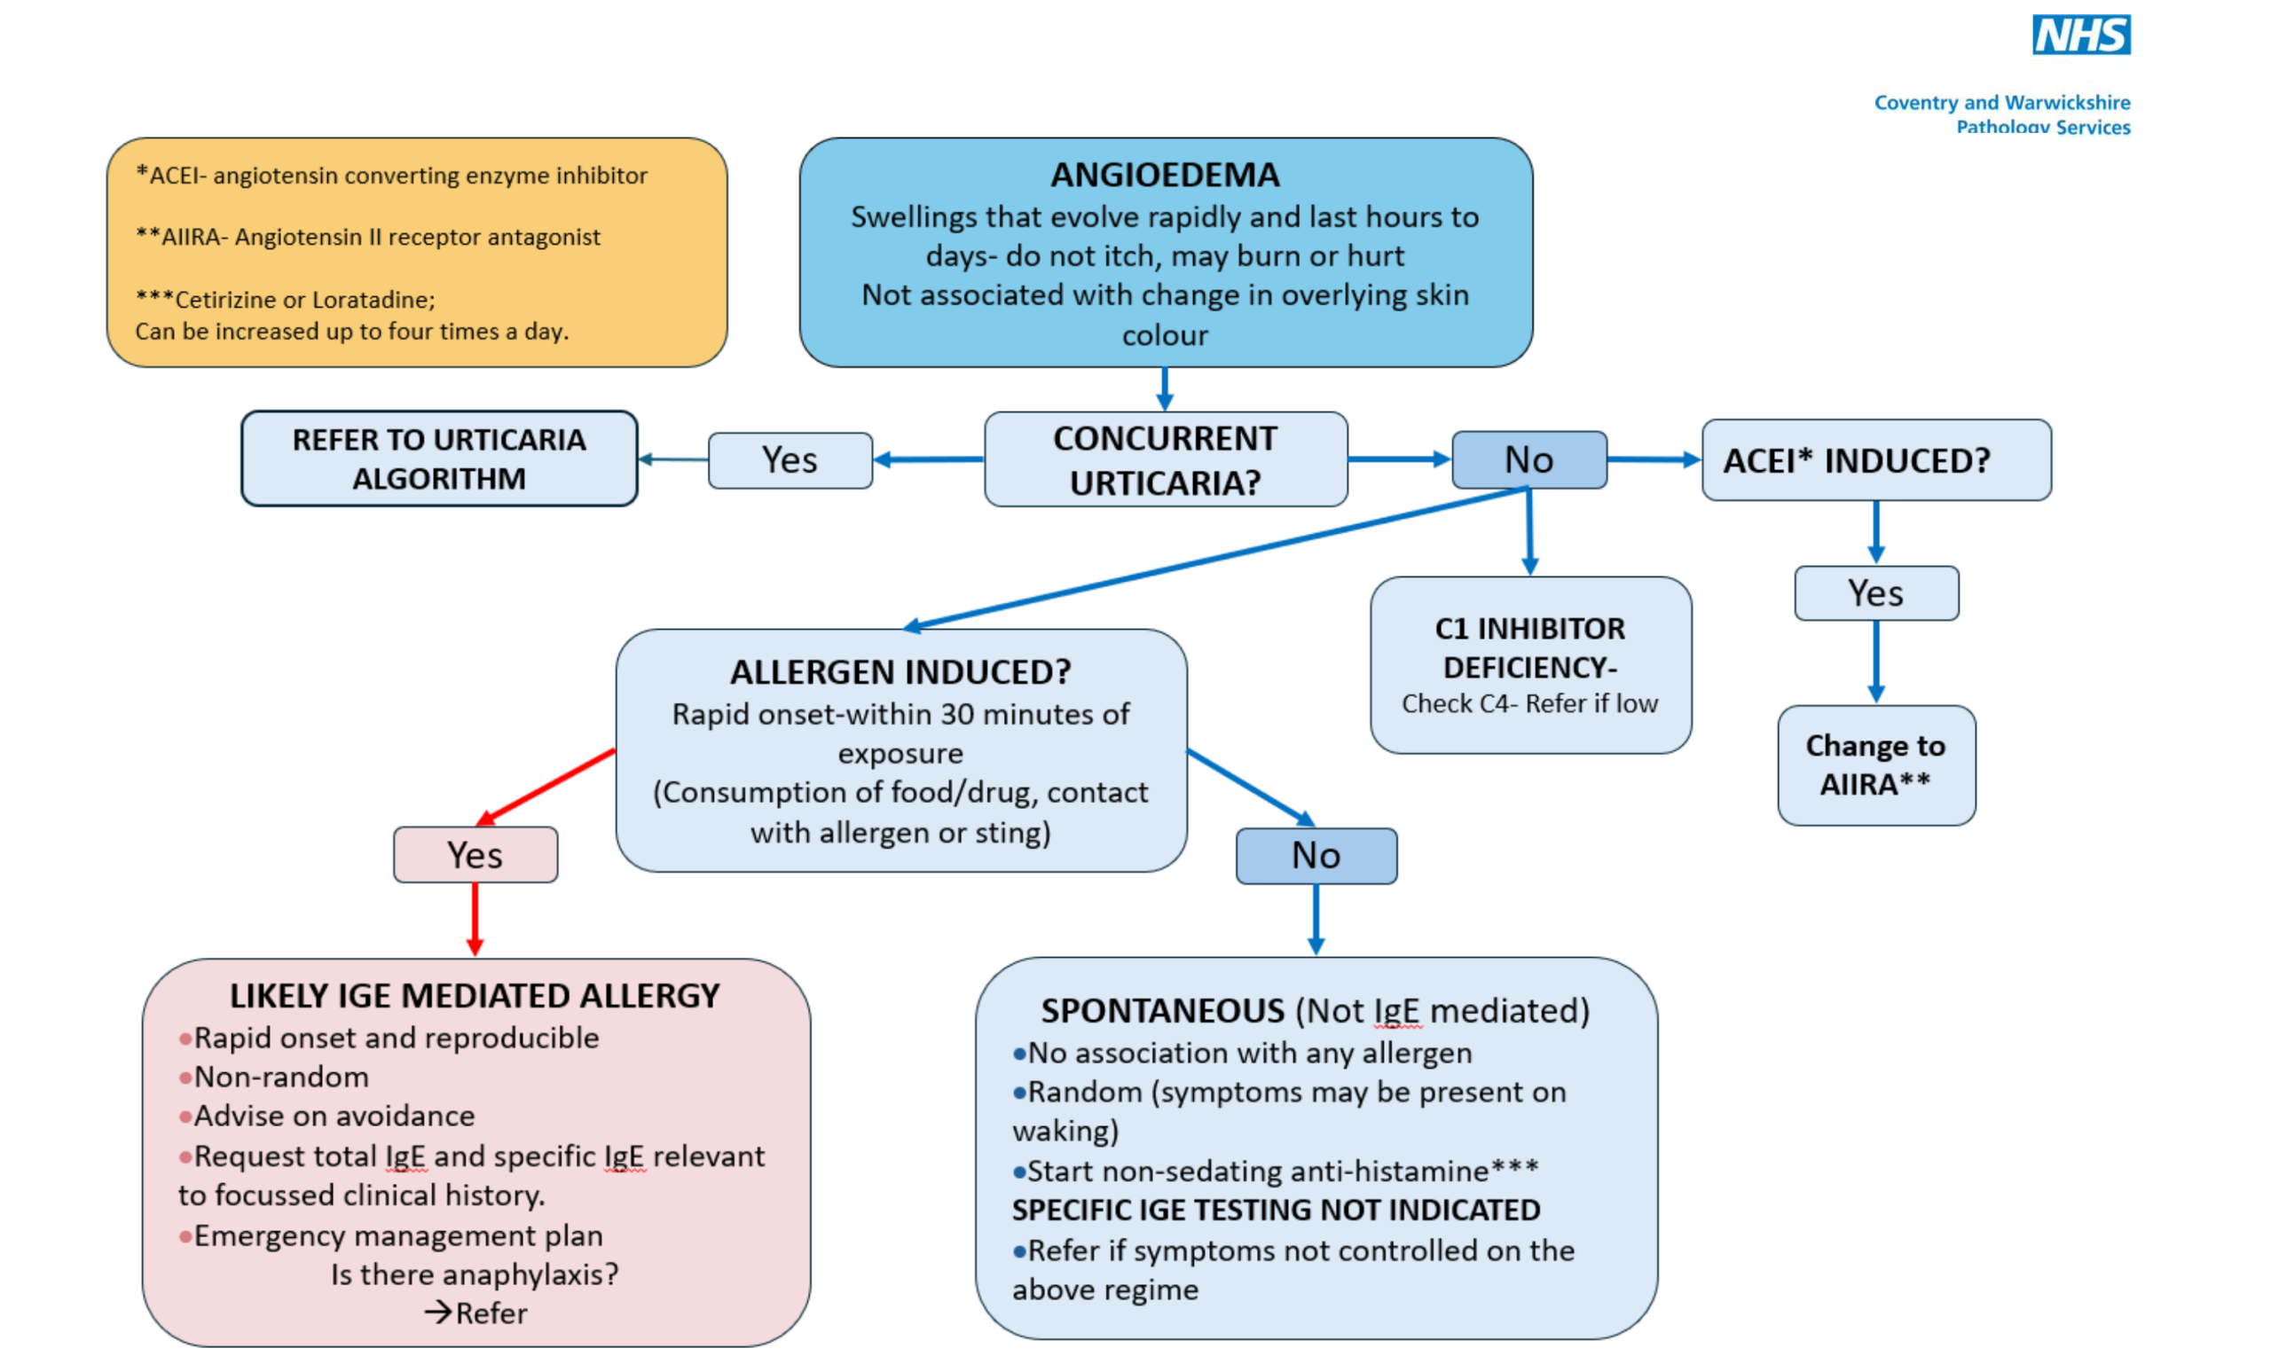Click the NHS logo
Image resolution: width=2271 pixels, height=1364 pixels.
[x=2079, y=35]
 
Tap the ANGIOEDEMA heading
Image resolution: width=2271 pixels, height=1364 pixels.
[x=1164, y=175]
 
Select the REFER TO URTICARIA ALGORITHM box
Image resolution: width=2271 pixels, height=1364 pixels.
[x=438, y=459]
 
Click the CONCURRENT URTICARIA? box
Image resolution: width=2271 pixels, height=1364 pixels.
[x=1165, y=459]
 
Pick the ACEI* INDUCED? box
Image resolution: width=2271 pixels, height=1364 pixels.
[x=1875, y=460]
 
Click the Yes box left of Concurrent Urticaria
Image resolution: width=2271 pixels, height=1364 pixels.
[x=790, y=460]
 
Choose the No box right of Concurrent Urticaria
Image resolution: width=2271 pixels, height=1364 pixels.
[x=1529, y=460]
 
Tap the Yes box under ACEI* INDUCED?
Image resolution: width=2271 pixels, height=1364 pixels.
[x=1875, y=594]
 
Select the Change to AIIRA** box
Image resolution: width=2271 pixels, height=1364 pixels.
[x=1875, y=764]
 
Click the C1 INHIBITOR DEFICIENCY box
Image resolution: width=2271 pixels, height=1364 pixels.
[x=1530, y=664]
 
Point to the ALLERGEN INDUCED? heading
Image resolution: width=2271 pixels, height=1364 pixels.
[x=900, y=672]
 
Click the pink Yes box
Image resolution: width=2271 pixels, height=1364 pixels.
[x=475, y=855]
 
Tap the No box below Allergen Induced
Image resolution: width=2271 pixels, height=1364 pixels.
[x=1316, y=856]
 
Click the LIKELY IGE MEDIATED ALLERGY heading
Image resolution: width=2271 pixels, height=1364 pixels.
[x=475, y=995]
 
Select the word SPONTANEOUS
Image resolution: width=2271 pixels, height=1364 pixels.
[x=1162, y=1011]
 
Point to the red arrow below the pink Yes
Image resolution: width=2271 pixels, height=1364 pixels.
[x=475, y=919]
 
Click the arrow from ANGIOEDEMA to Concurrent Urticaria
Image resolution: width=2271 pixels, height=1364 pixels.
[x=1165, y=388]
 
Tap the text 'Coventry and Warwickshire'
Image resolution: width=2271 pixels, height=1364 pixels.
[x=2001, y=102]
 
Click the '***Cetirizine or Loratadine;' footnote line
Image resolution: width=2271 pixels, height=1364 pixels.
[x=285, y=300]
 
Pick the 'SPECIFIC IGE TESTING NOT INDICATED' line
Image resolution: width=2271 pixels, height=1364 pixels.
[x=1276, y=1210]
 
